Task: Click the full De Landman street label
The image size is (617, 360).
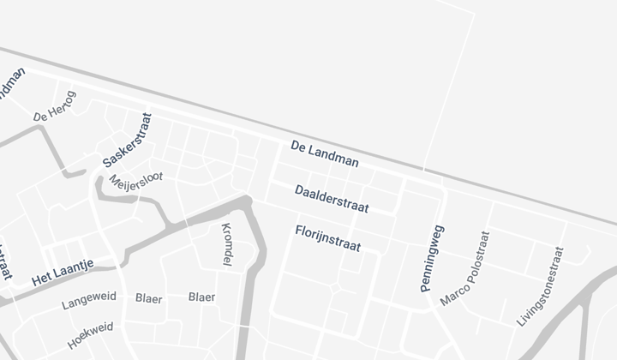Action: point(325,153)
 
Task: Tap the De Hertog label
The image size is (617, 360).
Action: point(55,106)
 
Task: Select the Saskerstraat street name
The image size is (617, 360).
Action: point(127,141)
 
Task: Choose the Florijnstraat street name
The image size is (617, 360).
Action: point(327,238)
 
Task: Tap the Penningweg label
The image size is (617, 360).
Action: point(432,259)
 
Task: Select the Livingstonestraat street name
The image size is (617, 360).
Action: point(541,286)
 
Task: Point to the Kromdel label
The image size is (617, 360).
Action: point(227,244)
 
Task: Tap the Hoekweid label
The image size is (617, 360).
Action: point(90,336)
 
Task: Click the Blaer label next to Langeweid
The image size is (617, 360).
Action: point(149,298)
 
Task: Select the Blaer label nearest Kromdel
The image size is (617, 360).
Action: point(202,297)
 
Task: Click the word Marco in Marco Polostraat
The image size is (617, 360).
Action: point(451,291)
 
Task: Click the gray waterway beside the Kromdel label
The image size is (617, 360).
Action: point(254,257)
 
